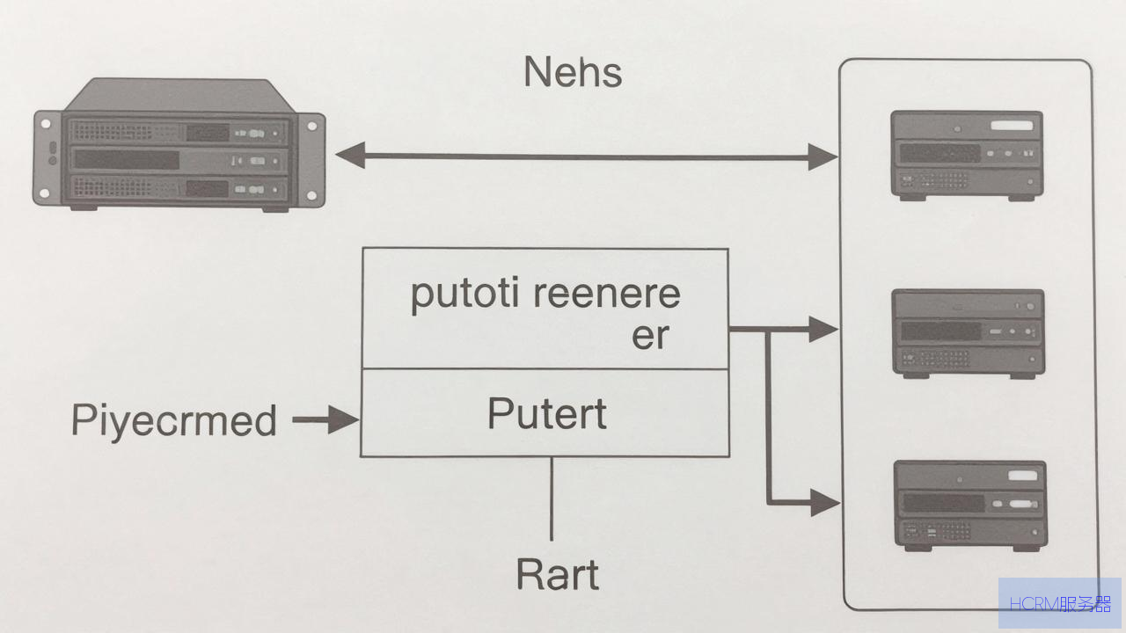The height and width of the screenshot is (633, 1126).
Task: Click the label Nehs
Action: coord(573,72)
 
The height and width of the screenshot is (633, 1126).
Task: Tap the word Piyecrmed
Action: coord(174,421)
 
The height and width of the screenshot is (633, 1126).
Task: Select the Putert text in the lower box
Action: coord(547,413)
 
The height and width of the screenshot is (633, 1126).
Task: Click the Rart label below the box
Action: coord(558,574)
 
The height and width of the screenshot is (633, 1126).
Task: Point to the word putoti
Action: coord(464,295)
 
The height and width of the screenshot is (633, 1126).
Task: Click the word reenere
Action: coord(607,294)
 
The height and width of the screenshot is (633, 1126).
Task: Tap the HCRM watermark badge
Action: coord(1060,603)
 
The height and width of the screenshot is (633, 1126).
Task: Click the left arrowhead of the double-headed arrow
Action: coord(350,156)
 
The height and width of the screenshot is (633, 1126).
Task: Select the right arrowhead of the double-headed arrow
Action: coord(823,156)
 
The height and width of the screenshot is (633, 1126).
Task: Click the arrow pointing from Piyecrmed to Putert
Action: coord(325,419)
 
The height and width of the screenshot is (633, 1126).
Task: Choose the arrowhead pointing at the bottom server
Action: coord(825,502)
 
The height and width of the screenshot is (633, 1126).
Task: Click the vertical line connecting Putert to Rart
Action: coord(552,498)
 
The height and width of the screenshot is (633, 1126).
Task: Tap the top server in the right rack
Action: coord(967,156)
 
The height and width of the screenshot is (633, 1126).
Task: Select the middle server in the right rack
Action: coord(969,333)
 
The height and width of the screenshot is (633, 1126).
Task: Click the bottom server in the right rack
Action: coord(970,506)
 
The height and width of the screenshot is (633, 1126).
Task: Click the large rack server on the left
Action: coord(179,145)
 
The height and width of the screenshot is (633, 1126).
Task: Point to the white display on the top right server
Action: coord(1012,125)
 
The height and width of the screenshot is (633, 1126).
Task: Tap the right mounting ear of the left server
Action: coord(311,160)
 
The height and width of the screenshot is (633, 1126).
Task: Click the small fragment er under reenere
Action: coord(650,336)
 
